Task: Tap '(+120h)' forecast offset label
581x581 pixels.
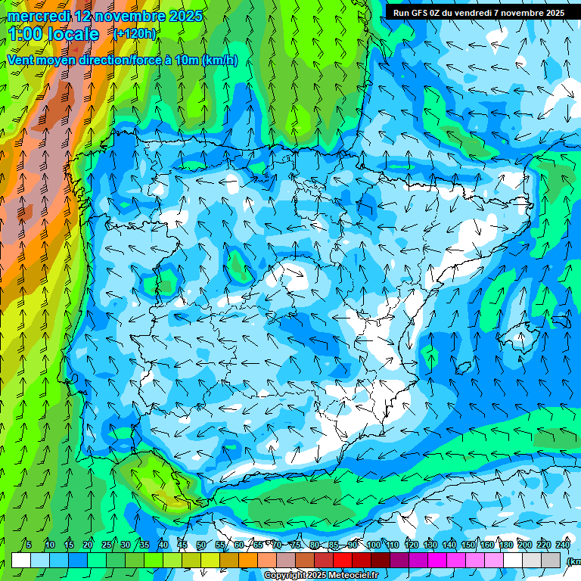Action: point(135,33)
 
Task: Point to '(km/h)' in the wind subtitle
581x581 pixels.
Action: point(219,61)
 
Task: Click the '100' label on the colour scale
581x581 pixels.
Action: point(374,545)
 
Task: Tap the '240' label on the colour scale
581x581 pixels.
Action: point(563,545)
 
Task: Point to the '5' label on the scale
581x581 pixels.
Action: point(29,545)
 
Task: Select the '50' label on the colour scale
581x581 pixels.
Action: point(201,545)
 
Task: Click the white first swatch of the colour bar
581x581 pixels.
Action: point(21,560)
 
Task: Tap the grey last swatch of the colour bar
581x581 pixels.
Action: point(551,560)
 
